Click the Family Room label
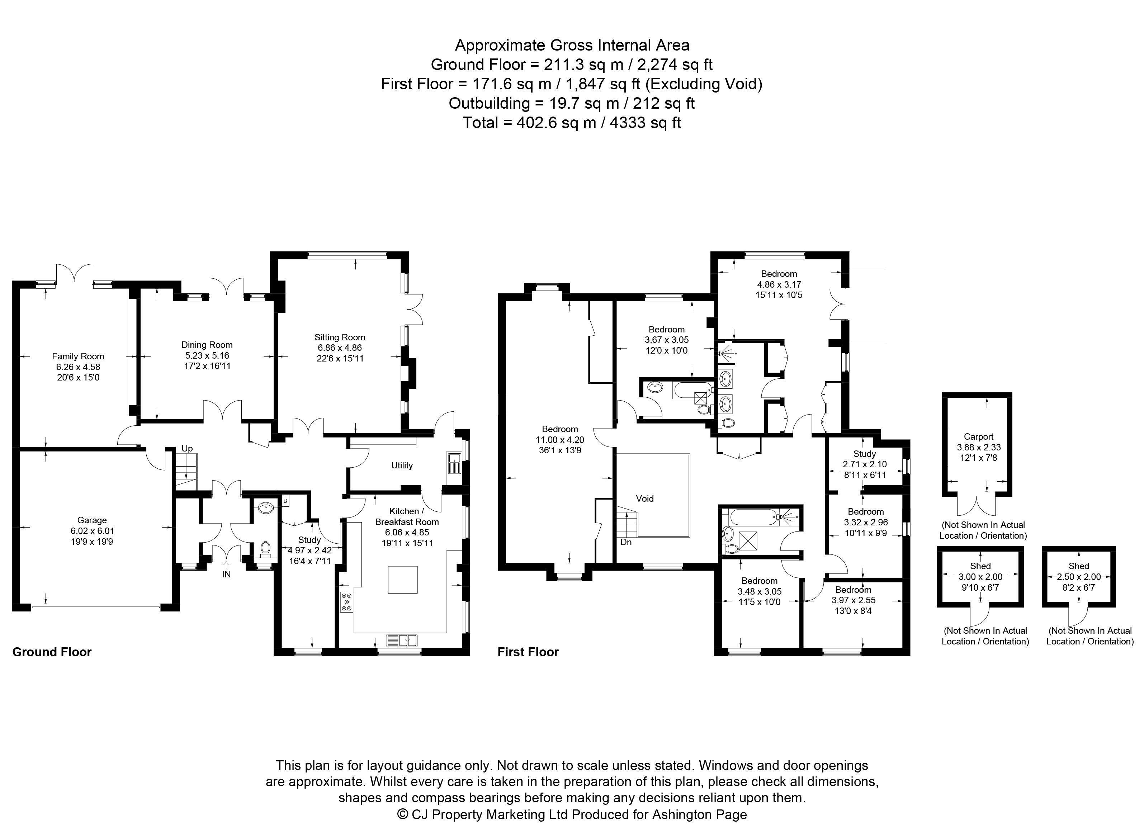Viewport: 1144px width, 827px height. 78,356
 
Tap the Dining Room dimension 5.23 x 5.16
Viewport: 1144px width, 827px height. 207,355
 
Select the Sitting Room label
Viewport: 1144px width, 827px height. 340,337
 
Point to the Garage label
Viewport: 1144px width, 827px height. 92,520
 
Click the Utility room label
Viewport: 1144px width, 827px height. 402,466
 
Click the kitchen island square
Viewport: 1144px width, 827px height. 402,580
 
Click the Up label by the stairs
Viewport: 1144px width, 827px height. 187,449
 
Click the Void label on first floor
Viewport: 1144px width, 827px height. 645,499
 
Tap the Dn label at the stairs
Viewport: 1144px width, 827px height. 626,543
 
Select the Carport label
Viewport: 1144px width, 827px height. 979,437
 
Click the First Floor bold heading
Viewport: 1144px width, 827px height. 528,652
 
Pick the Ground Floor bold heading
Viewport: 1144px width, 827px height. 52,652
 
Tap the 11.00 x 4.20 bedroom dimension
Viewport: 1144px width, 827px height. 560,440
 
